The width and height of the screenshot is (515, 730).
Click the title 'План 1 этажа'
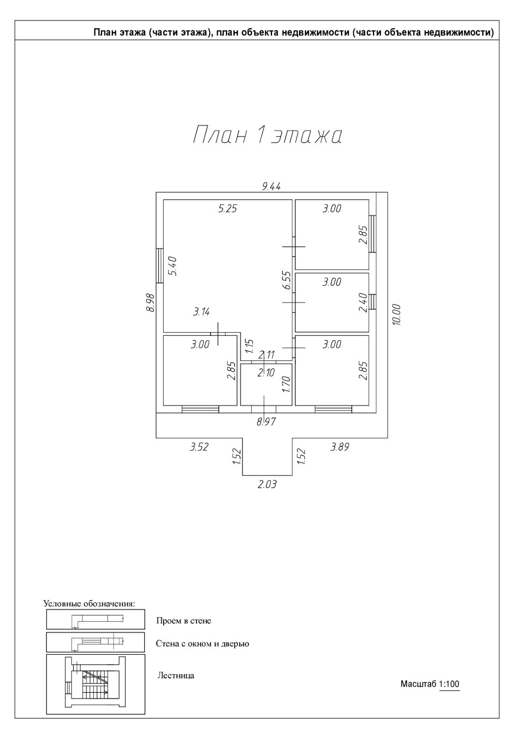pos(268,136)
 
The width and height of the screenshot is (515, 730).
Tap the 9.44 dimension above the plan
pos(271,186)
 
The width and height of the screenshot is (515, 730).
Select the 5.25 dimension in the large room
pos(228,209)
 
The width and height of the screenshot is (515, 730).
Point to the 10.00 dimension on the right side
pos(396,314)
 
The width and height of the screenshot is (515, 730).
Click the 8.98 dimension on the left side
pos(150,302)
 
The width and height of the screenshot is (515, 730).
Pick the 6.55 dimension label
pos(286,280)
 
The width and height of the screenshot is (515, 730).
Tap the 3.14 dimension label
pos(201,312)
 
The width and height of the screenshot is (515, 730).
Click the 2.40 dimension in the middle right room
pos(363,302)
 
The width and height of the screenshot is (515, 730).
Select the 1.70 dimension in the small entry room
pos(286,384)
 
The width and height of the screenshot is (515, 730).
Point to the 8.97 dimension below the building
pos(266,422)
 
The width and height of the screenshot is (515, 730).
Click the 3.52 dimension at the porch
pos(199,447)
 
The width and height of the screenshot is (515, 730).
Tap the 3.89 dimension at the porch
pos(340,447)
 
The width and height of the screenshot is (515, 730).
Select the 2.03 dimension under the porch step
pos(267,485)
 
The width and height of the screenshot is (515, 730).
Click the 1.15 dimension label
pos(249,347)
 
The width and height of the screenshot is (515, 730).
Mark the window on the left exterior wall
pos(160,266)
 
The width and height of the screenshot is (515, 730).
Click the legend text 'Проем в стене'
pos(184,621)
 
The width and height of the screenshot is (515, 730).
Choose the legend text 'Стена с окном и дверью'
pos(202,644)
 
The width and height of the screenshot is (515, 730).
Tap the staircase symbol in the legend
pos(96,684)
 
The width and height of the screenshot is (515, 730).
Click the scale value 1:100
pos(449,684)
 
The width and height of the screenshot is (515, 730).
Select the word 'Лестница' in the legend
pos(176,676)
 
